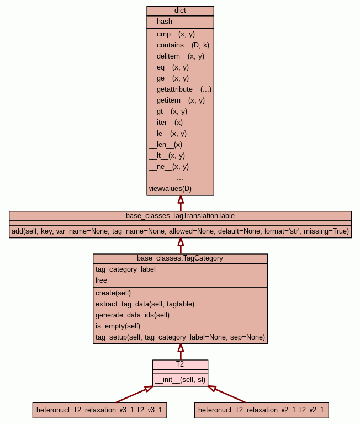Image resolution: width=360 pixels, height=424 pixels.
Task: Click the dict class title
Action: (180, 10)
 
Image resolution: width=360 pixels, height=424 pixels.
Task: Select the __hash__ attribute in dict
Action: (165, 22)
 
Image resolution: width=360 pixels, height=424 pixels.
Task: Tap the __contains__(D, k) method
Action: (179, 45)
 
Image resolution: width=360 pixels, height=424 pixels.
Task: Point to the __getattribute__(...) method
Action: (180, 89)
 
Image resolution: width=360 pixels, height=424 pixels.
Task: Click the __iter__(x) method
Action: (166, 122)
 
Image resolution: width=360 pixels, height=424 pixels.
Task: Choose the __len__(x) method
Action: (165, 144)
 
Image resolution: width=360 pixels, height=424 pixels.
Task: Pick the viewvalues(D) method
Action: (170, 188)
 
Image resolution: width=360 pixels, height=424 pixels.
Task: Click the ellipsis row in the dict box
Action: (180, 178)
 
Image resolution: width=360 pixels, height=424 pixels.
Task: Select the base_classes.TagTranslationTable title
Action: (180, 215)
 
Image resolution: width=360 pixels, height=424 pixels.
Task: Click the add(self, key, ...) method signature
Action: (180, 231)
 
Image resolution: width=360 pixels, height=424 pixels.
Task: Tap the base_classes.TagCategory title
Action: (180, 258)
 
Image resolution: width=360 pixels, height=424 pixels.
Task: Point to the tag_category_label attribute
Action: (125, 269)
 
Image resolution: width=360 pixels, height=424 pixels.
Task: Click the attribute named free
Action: (101, 280)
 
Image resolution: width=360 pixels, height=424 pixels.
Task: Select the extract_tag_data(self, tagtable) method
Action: (145, 304)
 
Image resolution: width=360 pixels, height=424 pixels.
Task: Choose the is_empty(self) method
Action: (118, 326)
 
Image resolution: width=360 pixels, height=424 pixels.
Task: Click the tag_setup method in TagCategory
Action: (180, 337)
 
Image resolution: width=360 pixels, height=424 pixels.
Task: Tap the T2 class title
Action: (180, 364)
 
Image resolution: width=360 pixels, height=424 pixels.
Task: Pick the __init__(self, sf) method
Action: (180, 379)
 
